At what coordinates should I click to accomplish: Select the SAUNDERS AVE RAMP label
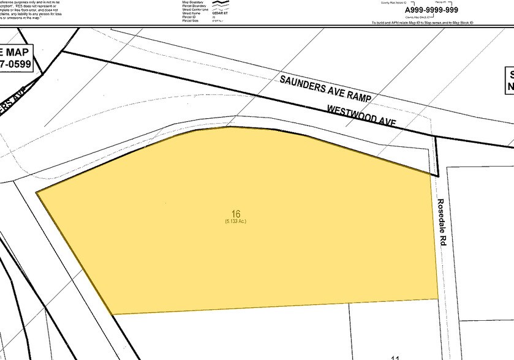pos(326,89)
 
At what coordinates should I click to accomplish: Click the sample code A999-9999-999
pos(423,10)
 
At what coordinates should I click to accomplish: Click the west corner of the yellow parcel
pos(37,192)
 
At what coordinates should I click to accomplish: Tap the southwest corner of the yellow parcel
pos(113,314)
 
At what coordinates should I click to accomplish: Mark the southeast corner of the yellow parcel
pos(438,299)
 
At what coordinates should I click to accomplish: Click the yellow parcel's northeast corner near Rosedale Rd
pos(431,174)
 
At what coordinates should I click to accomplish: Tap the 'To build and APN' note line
pos(423,23)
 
